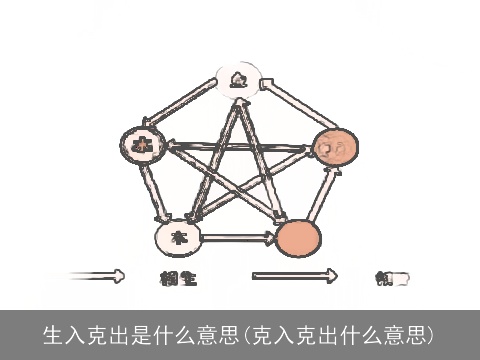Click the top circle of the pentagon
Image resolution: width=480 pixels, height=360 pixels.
point(237,81)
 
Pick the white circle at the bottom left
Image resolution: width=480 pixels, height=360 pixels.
point(178,237)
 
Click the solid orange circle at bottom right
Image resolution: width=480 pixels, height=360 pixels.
point(298,238)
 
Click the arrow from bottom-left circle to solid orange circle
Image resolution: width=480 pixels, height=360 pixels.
point(238,238)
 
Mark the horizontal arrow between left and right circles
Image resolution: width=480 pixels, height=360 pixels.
point(237,146)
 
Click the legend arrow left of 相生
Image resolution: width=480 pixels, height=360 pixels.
point(97,276)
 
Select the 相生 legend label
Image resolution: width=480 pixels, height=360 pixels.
point(178,278)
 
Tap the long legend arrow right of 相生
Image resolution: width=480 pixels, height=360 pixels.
point(295,276)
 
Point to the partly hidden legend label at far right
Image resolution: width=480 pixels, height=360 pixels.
point(391,278)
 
